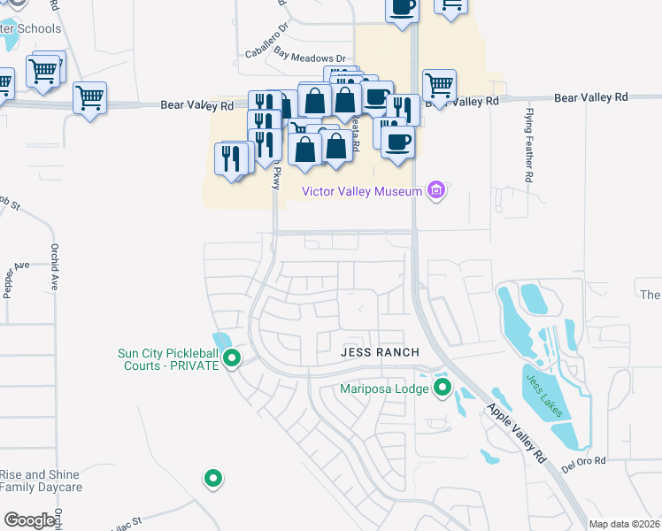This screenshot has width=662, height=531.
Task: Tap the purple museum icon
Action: tap(435, 190)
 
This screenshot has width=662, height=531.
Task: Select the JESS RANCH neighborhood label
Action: tap(380, 352)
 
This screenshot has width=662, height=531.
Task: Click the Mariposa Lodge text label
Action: tap(385, 388)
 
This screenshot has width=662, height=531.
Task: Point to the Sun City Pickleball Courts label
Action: tap(167, 359)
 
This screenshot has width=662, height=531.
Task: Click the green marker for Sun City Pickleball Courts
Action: tap(232, 359)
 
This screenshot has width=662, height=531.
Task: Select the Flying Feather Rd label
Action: tap(528, 145)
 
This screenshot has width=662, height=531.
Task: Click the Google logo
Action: tap(29, 519)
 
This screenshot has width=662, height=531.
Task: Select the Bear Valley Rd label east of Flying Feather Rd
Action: tap(590, 96)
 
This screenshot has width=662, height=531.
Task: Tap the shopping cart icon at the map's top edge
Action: tap(452, 7)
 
